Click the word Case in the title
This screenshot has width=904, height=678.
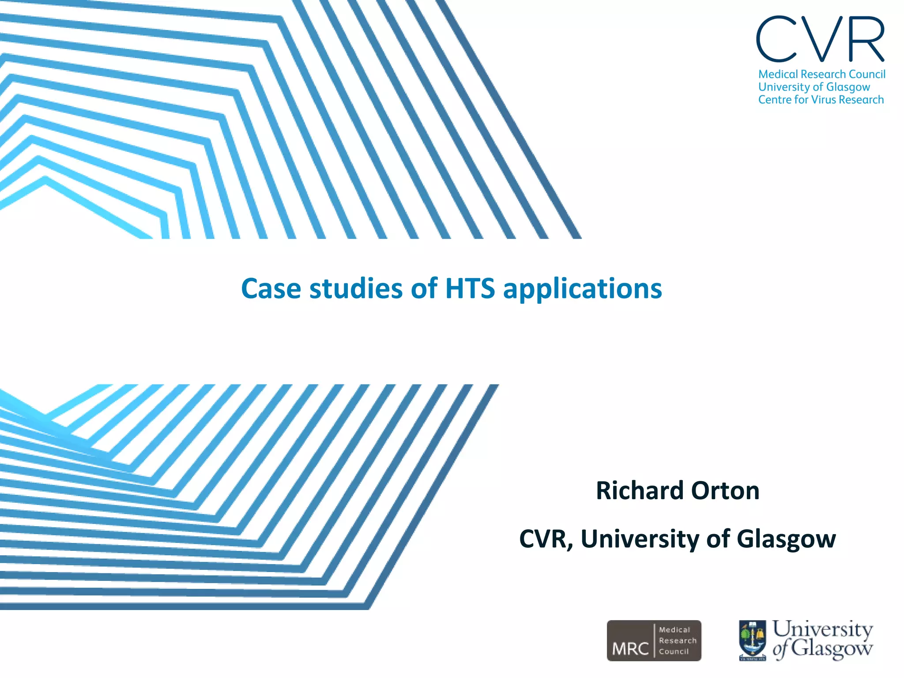(x=271, y=289)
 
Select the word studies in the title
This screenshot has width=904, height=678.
(x=356, y=289)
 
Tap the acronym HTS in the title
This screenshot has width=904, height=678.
(x=470, y=289)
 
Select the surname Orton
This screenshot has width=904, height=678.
(x=725, y=490)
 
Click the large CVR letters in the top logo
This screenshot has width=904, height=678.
(x=821, y=40)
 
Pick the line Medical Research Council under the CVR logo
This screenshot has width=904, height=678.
(x=821, y=74)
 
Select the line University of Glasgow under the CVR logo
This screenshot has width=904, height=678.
(x=814, y=87)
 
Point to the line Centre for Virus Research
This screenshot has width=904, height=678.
(x=821, y=100)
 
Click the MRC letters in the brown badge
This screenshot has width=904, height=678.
(x=630, y=648)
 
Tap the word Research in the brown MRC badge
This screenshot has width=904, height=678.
(x=678, y=640)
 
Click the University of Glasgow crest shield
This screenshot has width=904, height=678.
(x=753, y=640)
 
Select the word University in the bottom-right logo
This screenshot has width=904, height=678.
(x=822, y=629)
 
